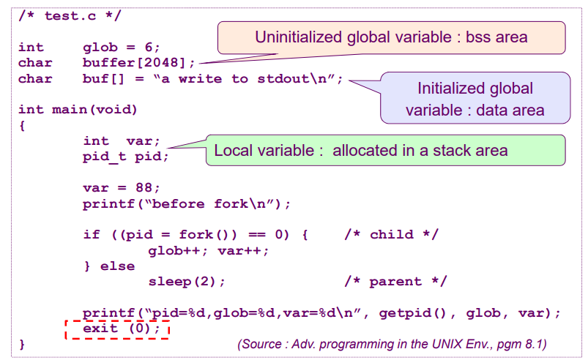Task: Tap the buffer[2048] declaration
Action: (x=139, y=63)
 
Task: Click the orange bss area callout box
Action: (x=391, y=37)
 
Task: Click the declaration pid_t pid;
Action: (x=125, y=157)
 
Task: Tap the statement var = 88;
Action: (x=121, y=188)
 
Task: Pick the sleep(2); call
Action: (x=187, y=282)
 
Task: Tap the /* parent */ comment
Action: (x=395, y=282)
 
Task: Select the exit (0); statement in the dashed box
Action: (x=117, y=329)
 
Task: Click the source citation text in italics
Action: (x=392, y=343)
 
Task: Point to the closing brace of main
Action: (x=22, y=343)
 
